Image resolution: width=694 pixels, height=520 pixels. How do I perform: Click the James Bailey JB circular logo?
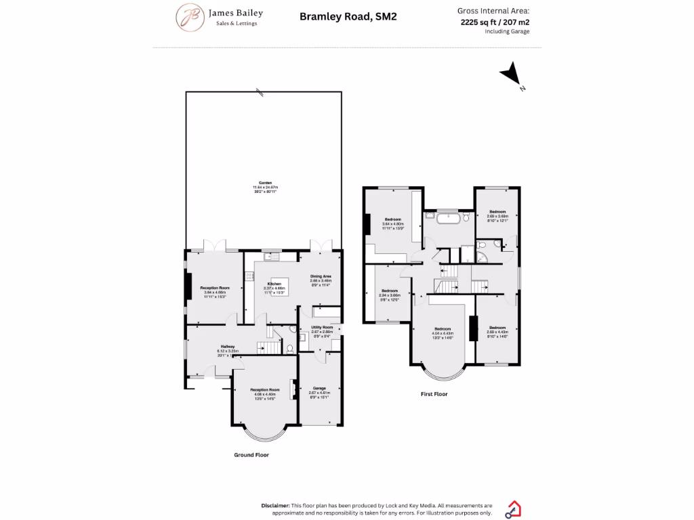pyautogui.click(x=189, y=17)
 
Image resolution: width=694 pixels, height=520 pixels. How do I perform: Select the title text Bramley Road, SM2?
pyautogui.click(x=348, y=16)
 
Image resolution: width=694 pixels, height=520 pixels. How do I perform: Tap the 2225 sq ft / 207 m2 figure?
pyautogui.click(x=494, y=22)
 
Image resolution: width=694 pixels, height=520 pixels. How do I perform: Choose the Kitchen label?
pyautogui.click(x=274, y=284)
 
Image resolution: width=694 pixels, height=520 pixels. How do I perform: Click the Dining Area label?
pyautogui.click(x=321, y=276)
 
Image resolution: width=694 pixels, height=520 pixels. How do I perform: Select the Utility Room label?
pyautogui.click(x=321, y=327)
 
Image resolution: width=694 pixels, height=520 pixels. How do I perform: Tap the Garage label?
pyautogui.click(x=319, y=388)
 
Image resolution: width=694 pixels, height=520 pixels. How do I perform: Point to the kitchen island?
pyautogui.click(x=276, y=285)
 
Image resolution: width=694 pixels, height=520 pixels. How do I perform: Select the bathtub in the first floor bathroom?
pyautogui.click(x=447, y=218)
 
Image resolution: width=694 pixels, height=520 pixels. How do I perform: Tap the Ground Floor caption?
pyautogui.click(x=251, y=455)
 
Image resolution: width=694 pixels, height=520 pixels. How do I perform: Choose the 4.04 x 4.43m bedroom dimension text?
pyautogui.click(x=442, y=333)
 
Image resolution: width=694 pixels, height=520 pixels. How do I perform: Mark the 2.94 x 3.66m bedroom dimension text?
pyautogui.click(x=390, y=295)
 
